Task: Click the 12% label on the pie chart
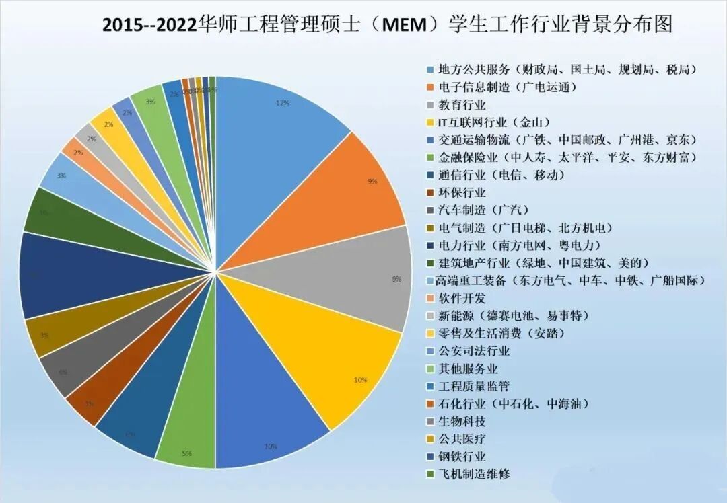pos(283,103)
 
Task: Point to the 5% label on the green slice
pos(186,453)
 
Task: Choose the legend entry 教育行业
pos(462,104)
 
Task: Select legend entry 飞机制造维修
pos(474,474)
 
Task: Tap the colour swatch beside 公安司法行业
pos(430,351)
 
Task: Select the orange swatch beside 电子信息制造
pos(430,87)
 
